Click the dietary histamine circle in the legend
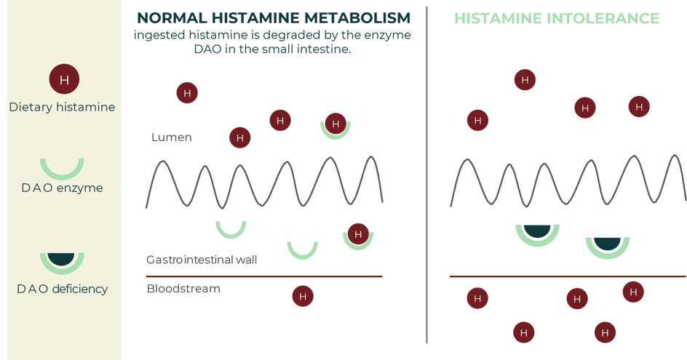click(x=64, y=79)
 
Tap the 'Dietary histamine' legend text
click(x=62, y=107)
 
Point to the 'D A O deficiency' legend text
click(x=62, y=289)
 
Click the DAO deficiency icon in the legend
click(x=62, y=260)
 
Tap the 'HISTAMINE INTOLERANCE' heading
click(x=556, y=18)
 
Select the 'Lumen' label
click(x=172, y=137)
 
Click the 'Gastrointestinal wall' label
click(x=202, y=260)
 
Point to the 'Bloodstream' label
click(x=183, y=289)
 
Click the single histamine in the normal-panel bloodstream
click(x=303, y=296)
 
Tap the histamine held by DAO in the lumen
click(x=335, y=124)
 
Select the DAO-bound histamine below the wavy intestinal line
click(x=357, y=233)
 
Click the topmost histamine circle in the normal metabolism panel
click(x=187, y=92)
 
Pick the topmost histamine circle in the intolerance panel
click(x=525, y=79)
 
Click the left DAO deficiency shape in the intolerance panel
click(x=537, y=233)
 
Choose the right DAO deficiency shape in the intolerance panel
click(x=608, y=244)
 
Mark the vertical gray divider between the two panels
click(x=426, y=175)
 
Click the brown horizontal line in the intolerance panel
click(x=568, y=276)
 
